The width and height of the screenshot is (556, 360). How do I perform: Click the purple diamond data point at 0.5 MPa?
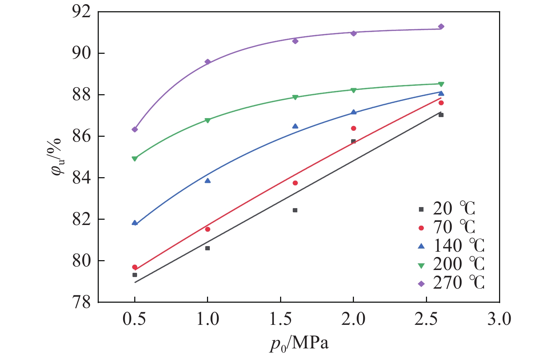[135, 129]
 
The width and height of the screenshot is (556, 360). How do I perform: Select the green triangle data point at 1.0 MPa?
[207, 120]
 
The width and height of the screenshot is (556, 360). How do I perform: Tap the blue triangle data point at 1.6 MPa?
[295, 126]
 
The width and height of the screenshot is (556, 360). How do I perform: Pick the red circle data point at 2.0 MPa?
[354, 128]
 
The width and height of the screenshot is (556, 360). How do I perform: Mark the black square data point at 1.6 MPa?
[295, 210]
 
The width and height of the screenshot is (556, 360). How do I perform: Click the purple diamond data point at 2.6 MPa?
[441, 27]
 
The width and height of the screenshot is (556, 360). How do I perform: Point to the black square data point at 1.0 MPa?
[207, 248]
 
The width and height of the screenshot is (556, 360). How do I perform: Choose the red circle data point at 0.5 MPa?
[135, 267]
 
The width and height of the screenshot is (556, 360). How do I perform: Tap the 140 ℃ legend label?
[459, 246]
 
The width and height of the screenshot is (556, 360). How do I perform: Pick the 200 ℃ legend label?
[459, 264]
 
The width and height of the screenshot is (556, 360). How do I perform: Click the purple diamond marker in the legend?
[421, 284]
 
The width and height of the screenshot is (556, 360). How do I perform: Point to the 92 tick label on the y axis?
[81, 12]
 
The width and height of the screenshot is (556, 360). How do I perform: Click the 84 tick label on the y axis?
[81, 178]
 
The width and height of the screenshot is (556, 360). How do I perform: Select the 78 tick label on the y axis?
[81, 302]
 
